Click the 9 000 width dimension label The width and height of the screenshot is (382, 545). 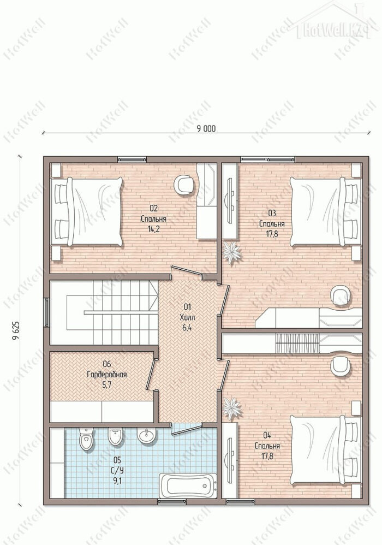tap(206, 128)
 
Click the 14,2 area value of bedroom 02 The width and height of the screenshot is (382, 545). tap(153, 229)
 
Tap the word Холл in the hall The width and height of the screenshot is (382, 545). tap(188, 317)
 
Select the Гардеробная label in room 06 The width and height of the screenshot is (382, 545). tap(106, 375)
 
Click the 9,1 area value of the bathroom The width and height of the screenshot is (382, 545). tap(117, 481)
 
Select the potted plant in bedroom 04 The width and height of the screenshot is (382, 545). tap(231, 408)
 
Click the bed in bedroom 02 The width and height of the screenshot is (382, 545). tap(87, 211)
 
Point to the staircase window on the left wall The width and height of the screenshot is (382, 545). tap(46, 312)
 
